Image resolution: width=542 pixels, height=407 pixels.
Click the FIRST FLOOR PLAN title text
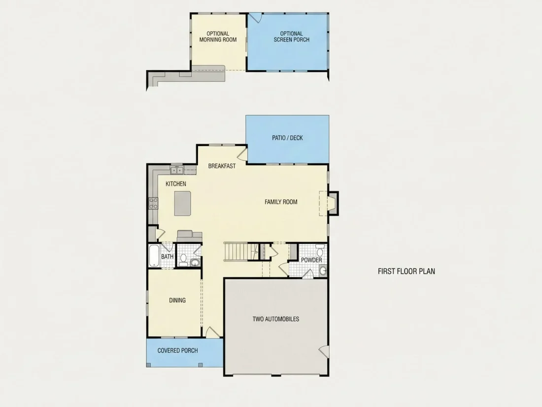[x=406, y=271]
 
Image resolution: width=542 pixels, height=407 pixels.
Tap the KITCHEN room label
[x=175, y=184]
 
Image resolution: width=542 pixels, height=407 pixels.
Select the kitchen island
[x=182, y=203]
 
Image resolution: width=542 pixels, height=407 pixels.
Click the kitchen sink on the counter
[x=176, y=170]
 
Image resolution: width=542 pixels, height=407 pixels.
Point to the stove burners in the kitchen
[x=153, y=203]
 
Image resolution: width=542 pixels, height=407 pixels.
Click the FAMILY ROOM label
[x=281, y=202]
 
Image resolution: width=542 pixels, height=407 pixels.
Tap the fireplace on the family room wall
[x=331, y=203]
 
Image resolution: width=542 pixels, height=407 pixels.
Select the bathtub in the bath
[x=154, y=256]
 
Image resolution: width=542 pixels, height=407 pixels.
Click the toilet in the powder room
[x=320, y=250]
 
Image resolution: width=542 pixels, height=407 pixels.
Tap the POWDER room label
[x=311, y=260]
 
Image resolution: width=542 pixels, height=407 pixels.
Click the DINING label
[x=177, y=300]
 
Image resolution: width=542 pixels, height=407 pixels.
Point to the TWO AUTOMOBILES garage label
[x=276, y=319]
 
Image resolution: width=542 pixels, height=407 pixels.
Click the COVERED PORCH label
[x=178, y=351]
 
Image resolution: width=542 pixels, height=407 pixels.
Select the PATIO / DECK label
[x=287, y=138]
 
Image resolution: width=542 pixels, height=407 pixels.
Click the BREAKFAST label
[x=222, y=166]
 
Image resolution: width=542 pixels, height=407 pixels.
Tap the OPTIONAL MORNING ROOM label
[x=218, y=37]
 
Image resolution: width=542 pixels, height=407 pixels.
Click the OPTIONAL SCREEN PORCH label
[x=291, y=37]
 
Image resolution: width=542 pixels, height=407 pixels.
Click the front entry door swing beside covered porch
[x=212, y=332]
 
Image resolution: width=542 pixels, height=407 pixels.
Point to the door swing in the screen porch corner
[x=255, y=18]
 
